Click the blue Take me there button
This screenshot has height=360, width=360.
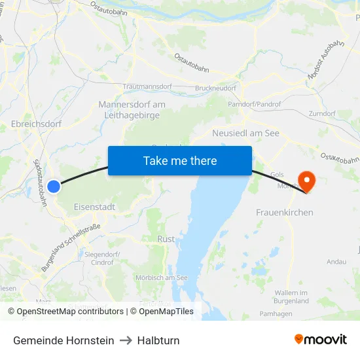point(180,160)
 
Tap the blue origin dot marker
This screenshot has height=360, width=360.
point(54,187)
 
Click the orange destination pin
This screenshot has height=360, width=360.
point(306,181)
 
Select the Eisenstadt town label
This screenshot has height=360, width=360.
point(95,207)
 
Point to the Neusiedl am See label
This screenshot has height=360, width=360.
point(246,133)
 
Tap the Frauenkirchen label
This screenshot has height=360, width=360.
point(284,212)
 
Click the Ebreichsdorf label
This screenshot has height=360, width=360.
point(37,123)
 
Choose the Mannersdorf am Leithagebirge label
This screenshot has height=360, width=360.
point(132,110)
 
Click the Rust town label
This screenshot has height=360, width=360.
point(166,239)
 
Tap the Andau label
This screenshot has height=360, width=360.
point(336,262)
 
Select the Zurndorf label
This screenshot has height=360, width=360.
point(322,113)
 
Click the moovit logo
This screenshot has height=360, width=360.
point(321,340)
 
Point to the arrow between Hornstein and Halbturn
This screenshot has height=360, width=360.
point(126,340)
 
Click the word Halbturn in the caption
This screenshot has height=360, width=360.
point(158,340)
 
